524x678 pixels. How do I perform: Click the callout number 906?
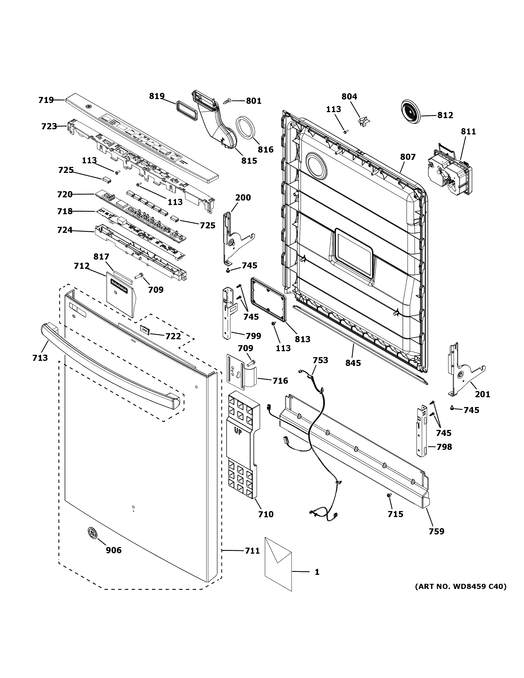[x=114, y=550]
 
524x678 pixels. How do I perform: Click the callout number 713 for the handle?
[x=40, y=358]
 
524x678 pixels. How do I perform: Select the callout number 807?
[x=408, y=157]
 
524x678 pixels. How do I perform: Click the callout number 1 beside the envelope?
[x=317, y=572]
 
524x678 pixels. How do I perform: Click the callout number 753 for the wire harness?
[x=320, y=360]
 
